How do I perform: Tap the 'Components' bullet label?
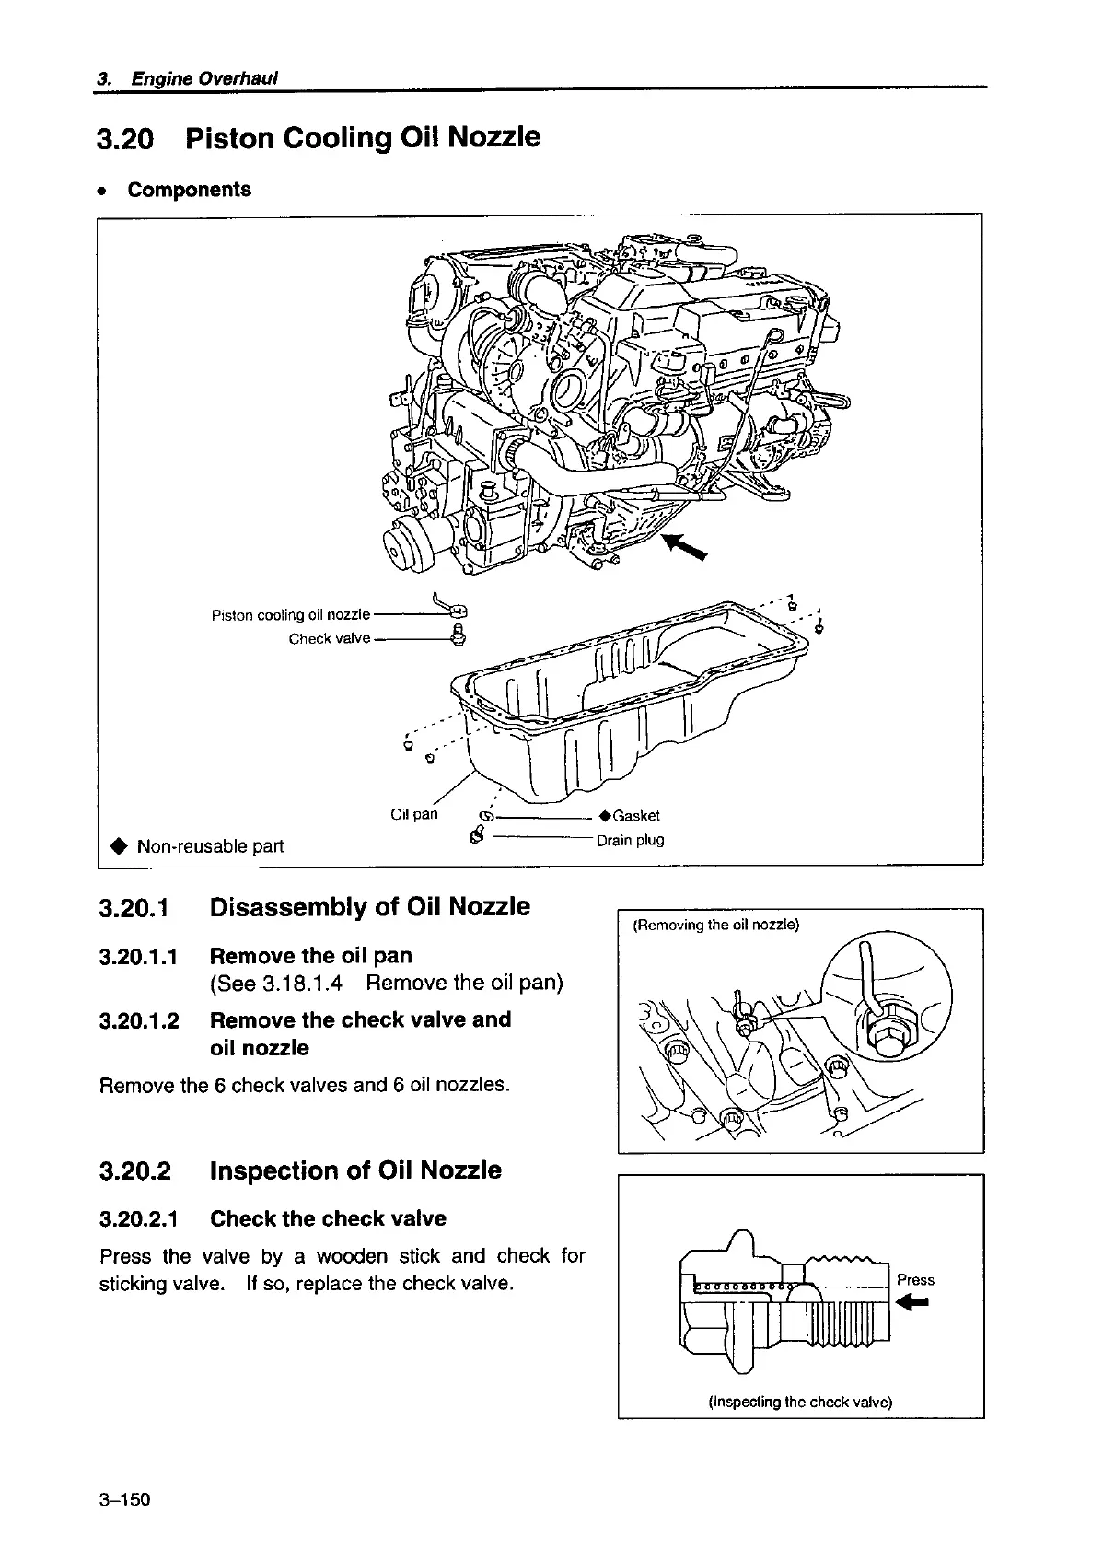189,190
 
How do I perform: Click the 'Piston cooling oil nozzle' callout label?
290,614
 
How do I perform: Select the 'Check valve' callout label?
329,638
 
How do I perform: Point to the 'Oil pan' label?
413,814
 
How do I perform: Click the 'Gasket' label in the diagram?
635,815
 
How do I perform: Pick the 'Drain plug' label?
630,840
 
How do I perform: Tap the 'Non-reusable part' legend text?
210,845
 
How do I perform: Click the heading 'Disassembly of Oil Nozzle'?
369,907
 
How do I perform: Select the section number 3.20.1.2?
139,1020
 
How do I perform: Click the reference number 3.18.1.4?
302,983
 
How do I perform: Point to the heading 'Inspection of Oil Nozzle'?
355,1170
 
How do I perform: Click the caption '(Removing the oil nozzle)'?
716,925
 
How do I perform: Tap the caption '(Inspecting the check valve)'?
800,1403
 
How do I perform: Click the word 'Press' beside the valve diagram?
915,1279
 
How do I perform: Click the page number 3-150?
124,1499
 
